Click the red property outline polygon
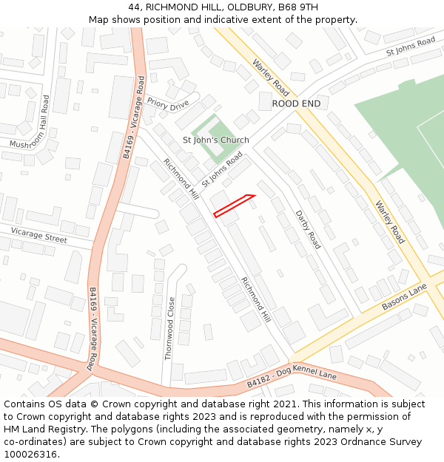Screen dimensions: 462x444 [234, 205]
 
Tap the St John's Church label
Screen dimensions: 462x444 [216, 140]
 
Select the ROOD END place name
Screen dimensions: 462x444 [296, 103]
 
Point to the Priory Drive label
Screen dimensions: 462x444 [168, 104]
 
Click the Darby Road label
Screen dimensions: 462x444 [308, 229]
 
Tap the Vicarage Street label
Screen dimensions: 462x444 [38, 236]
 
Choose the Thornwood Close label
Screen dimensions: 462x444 [169, 328]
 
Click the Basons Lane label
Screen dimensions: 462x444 [406, 296]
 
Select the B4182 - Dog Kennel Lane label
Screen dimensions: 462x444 [292, 380]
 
